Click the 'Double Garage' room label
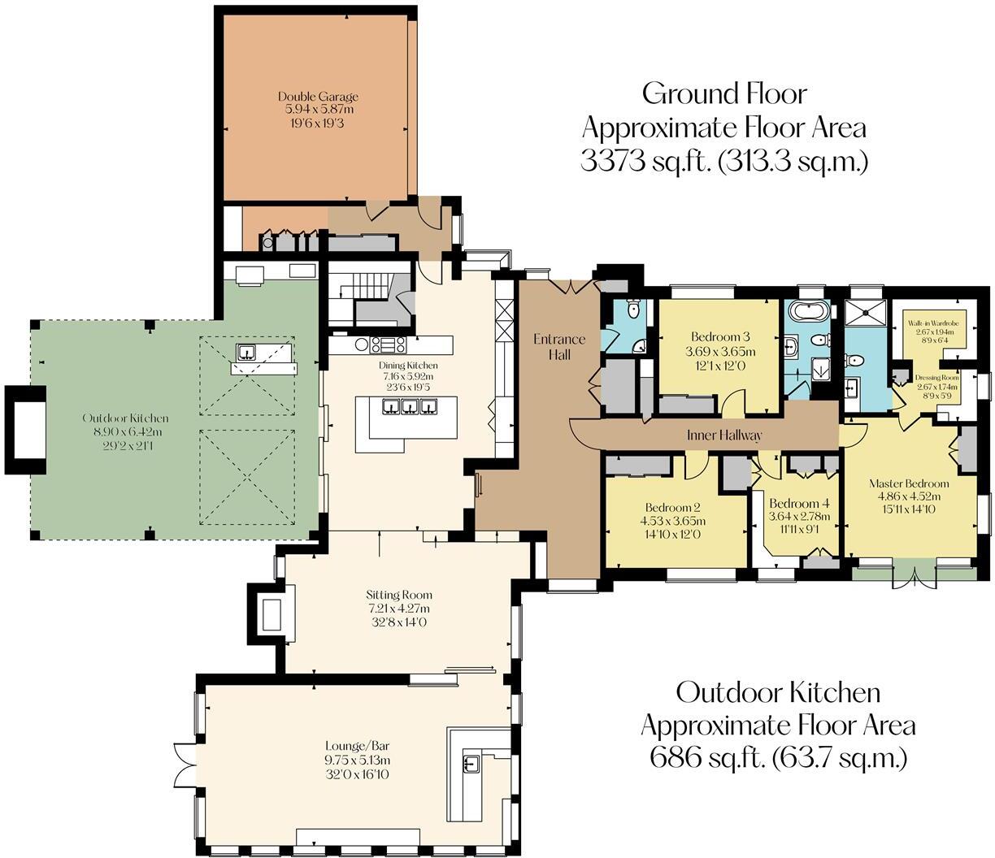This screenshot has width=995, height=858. (318, 97)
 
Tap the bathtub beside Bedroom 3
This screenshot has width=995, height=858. (810, 311)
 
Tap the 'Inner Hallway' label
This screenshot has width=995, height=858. (724, 435)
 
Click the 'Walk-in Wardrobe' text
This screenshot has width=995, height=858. (933, 323)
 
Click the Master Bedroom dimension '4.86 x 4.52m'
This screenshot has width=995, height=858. (909, 496)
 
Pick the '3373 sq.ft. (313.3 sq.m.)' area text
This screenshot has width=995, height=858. (724, 161)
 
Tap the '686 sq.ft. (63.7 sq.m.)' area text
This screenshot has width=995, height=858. (778, 758)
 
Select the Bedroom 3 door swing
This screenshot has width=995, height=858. (735, 403)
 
